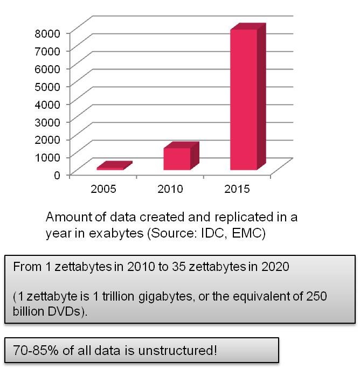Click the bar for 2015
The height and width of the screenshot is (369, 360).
[248, 96]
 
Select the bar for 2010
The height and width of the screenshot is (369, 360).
[181, 156]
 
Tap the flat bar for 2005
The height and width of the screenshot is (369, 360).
[115, 165]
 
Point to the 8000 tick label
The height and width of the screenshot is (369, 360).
[47, 33]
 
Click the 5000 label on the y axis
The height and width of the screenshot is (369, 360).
[47, 87]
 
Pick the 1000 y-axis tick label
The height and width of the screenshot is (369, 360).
[47, 157]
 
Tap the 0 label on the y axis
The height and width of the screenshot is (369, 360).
[57, 175]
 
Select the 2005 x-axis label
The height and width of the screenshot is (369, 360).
[103, 189]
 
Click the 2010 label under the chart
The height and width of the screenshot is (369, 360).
[170, 189]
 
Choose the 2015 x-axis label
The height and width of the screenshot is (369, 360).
[237, 189]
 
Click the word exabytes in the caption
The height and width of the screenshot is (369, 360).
[116, 233]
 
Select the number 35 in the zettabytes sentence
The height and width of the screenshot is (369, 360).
[179, 267]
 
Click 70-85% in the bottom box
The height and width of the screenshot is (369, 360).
[36, 350]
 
